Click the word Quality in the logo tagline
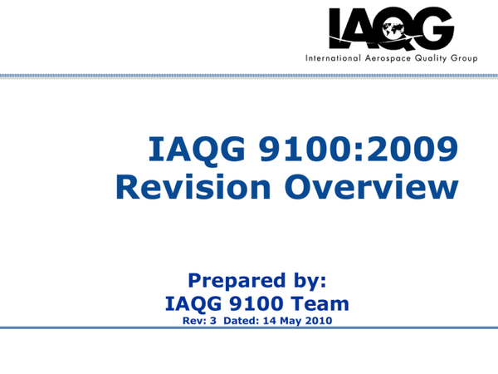pyautogui.click(x=431, y=58)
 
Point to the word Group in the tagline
pyautogui.click(x=464, y=59)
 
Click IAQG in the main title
pyautogui.click(x=197, y=150)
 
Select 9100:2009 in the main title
pyautogui.click(x=359, y=149)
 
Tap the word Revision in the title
pyautogui.click(x=193, y=187)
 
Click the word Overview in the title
pyautogui.click(x=371, y=187)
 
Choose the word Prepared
pyautogui.click(x=237, y=281)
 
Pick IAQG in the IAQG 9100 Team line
pyautogui.click(x=193, y=303)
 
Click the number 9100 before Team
pyautogui.click(x=256, y=303)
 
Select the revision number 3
pyautogui.click(x=212, y=321)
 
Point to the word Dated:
pyautogui.click(x=242, y=321)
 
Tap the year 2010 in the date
pyautogui.click(x=319, y=321)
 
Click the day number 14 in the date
pyautogui.click(x=270, y=321)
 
